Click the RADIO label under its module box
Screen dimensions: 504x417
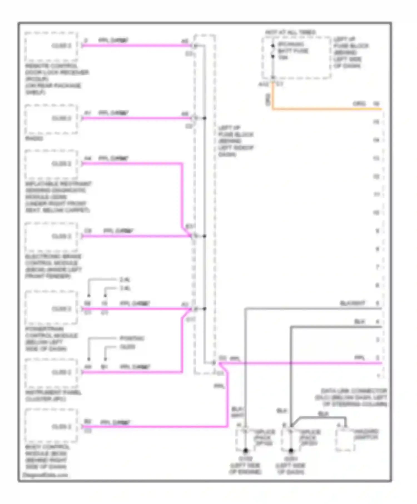coord(34,138)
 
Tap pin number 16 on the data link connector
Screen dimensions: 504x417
coord(376,104)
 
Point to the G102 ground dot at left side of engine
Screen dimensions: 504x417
coord(245,451)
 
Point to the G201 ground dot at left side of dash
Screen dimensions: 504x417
coord(291,451)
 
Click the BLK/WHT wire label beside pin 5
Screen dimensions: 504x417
coord(353,303)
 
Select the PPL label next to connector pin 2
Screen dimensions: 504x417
coord(359,358)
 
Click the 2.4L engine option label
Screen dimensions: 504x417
coord(125,280)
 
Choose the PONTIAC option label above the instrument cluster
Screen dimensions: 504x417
coord(132,338)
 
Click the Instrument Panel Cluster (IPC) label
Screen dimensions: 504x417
coord(53,396)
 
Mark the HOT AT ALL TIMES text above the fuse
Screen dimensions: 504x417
coord(290,33)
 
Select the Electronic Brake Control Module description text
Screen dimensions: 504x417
coord(53,266)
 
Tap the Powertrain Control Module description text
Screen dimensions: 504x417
coord(51,339)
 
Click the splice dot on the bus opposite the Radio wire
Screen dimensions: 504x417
coord(204,118)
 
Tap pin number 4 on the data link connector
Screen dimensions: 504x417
coord(377,322)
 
